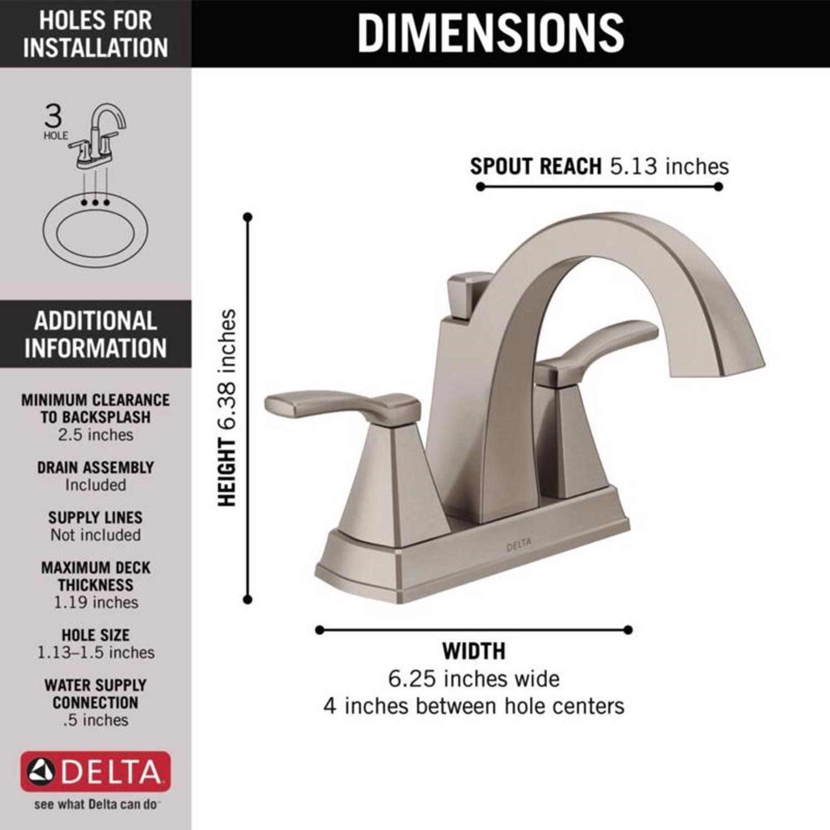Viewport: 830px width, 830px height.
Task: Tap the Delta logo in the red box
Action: coord(95,771)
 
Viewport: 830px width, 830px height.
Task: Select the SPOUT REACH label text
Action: coord(536,166)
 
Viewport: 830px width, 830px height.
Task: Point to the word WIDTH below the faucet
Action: coord(474,651)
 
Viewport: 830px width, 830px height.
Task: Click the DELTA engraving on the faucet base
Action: coord(518,544)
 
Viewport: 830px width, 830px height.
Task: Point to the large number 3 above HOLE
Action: coord(54,117)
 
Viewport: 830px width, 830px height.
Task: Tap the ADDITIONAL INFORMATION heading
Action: coord(95,334)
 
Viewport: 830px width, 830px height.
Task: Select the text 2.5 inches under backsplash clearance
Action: coord(96,435)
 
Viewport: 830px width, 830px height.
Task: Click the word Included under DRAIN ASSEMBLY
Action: coord(96,485)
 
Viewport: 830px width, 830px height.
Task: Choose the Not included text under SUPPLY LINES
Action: coord(96,535)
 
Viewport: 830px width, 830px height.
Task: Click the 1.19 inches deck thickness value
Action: coord(96,602)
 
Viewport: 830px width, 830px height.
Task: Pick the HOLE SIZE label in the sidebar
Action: coord(96,635)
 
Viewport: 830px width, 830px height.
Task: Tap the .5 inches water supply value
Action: coord(96,720)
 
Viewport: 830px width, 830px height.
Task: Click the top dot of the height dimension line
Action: coord(248,216)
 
